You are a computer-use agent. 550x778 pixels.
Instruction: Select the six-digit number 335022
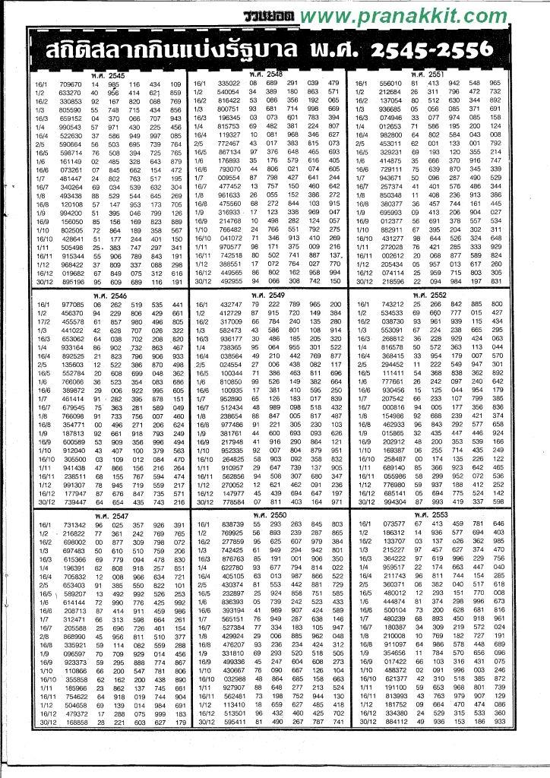(229, 83)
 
